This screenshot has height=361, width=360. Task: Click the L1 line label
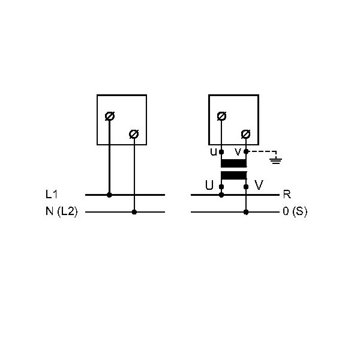coord(51,194)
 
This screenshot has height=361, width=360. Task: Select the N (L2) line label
coord(62,211)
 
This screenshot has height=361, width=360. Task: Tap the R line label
coord(287,195)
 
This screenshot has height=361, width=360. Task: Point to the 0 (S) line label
coord(295,211)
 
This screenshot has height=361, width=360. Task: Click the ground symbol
coord(275,160)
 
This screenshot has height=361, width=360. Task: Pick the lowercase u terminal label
coord(214,152)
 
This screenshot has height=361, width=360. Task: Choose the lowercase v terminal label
coord(238,152)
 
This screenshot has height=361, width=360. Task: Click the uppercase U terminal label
coord(209,185)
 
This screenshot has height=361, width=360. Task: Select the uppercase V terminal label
coord(259,185)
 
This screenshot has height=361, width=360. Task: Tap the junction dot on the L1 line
coord(109,195)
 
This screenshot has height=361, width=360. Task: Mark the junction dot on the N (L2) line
coord(134,212)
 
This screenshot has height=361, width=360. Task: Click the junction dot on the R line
coord(221,195)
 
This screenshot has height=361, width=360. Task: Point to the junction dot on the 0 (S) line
coord(246,212)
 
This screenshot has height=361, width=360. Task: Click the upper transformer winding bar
coord(234,163)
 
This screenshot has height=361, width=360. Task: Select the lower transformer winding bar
coord(234,175)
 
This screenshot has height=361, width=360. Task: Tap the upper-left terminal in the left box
coord(110,116)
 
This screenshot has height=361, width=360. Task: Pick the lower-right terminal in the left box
coord(134,134)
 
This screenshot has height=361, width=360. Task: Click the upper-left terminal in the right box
coord(221,116)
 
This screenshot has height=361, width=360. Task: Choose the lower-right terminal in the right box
coord(245,134)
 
